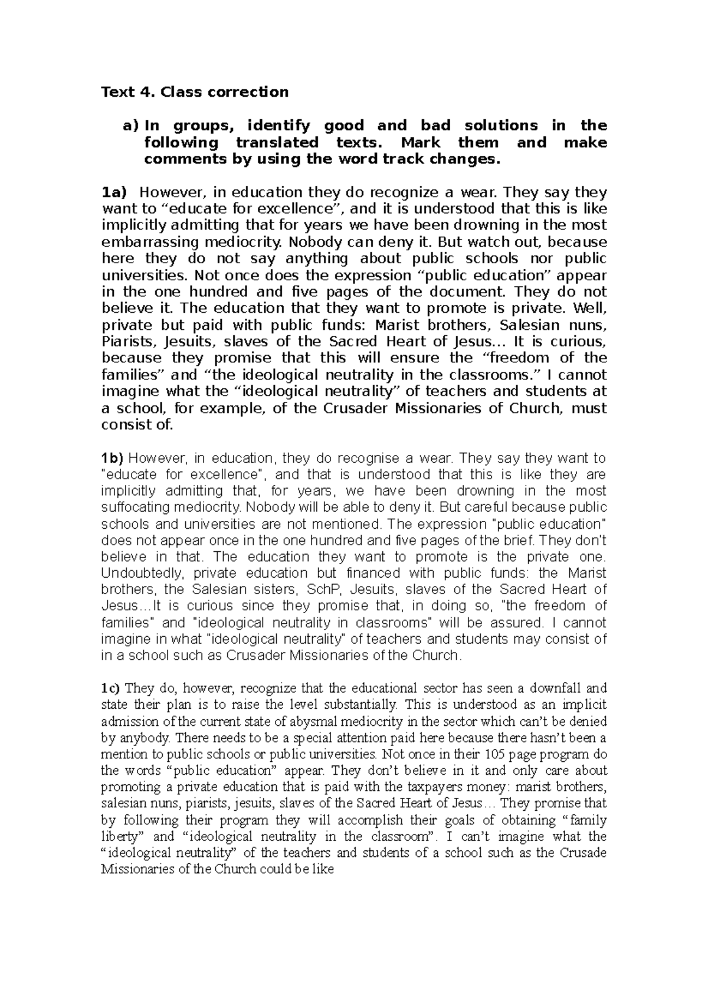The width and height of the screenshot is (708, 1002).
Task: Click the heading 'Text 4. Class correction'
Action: click(x=195, y=92)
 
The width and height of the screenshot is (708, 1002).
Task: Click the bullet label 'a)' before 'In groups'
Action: click(x=129, y=126)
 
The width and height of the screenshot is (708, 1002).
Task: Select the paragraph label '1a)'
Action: click(x=114, y=192)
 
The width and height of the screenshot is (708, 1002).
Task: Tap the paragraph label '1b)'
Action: click(x=113, y=458)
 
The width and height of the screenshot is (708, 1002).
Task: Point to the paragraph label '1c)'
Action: click(x=111, y=688)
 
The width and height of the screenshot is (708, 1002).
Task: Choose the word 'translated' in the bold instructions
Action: click(x=277, y=143)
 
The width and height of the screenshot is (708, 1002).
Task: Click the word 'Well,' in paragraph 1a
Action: click(x=590, y=308)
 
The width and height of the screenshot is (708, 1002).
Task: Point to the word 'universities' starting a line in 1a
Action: click(x=142, y=275)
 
